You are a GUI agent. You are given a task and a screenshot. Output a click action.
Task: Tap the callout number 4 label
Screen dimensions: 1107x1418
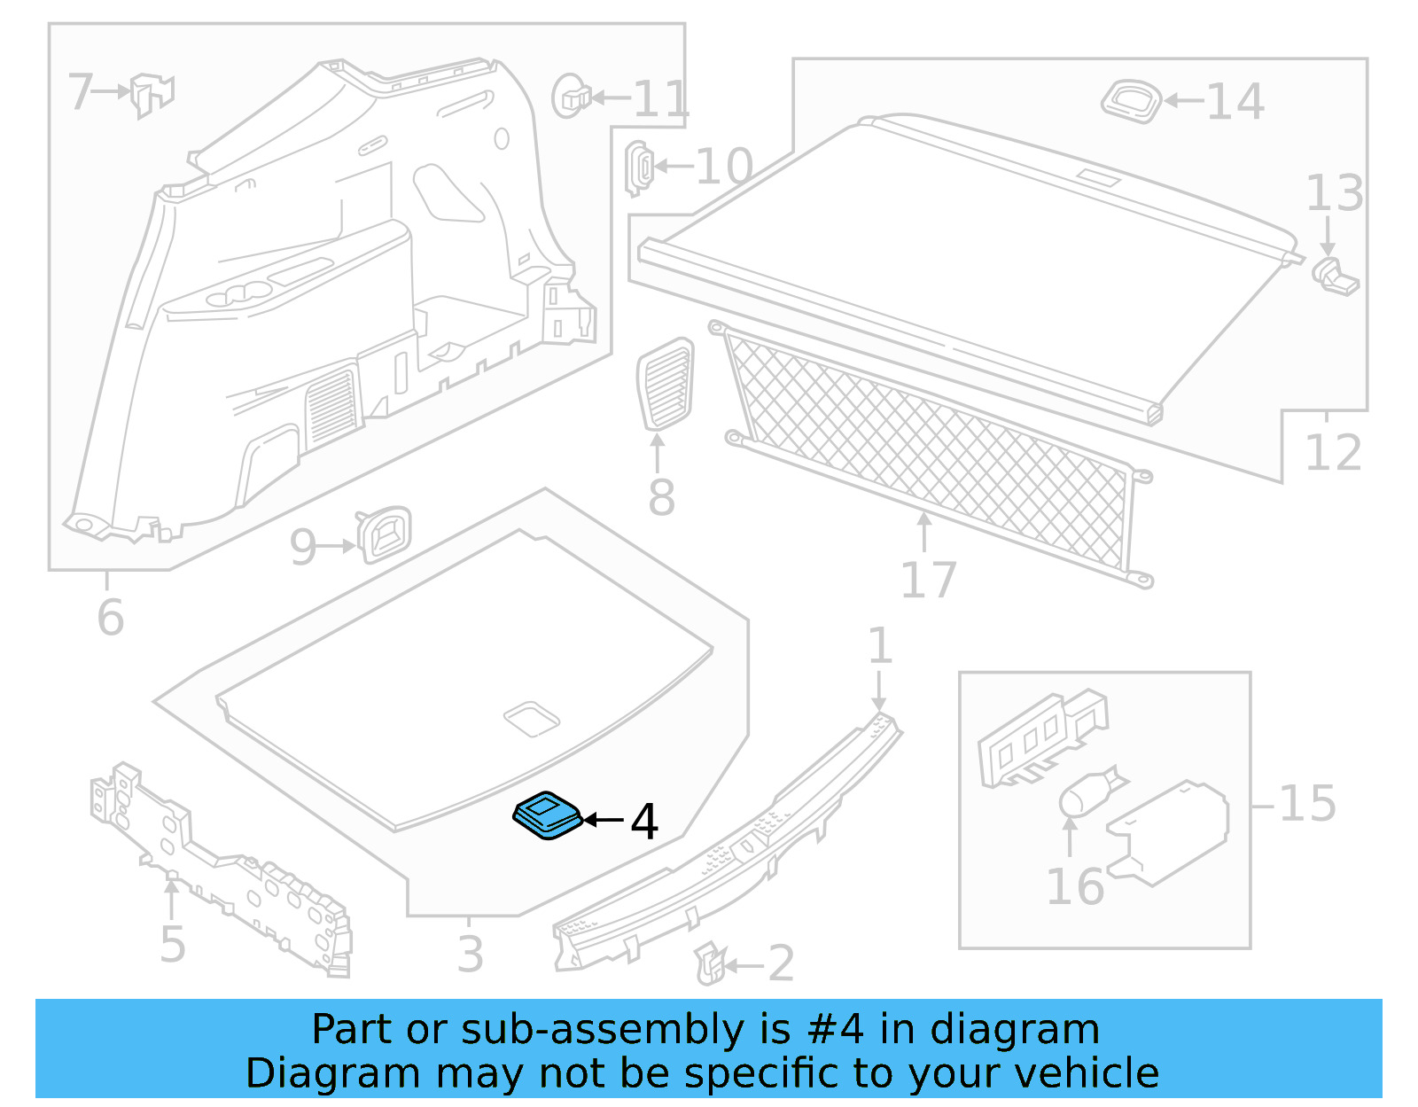[x=644, y=822]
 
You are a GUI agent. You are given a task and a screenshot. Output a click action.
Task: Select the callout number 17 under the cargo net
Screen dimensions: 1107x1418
[x=928, y=581]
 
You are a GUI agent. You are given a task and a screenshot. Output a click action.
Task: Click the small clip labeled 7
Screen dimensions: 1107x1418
[x=152, y=94]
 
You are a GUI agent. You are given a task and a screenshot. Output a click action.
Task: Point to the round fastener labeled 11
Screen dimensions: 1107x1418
[x=570, y=97]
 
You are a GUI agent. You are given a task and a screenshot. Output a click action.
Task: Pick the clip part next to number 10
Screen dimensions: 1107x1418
[x=639, y=167]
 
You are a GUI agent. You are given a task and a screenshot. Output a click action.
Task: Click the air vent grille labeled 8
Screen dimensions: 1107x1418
[x=666, y=384]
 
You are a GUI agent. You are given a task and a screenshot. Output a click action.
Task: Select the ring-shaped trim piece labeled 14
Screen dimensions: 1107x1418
[x=1131, y=100]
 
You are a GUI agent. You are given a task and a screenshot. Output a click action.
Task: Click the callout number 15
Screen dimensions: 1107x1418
[x=1306, y=804]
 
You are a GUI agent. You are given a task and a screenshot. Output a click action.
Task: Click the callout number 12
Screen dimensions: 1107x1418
[x=1333, y=453]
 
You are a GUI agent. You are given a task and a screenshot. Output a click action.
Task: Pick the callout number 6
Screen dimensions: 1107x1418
[x=110, y=617]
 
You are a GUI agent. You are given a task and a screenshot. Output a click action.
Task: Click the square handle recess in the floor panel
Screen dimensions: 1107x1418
[x=532, y=718]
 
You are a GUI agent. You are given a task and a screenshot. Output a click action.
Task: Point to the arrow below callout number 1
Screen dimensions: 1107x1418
[x=878, y=690]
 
